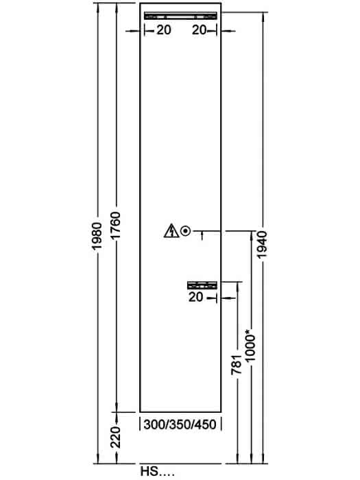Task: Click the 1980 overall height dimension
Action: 97,236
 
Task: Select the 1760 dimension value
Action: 116,226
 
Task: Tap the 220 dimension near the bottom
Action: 116,437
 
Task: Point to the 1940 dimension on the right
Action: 263,245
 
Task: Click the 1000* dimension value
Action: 250,345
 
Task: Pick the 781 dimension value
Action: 237,365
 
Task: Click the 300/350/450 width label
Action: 180,424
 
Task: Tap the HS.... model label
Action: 157,471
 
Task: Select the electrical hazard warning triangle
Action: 171,231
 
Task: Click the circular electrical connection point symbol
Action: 186,231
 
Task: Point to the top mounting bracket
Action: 180,16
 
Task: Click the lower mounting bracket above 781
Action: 202,285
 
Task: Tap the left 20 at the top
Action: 164,30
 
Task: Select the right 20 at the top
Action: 200,30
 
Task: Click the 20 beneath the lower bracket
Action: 195,297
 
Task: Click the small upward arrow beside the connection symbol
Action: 202,236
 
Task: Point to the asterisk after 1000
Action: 250,331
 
